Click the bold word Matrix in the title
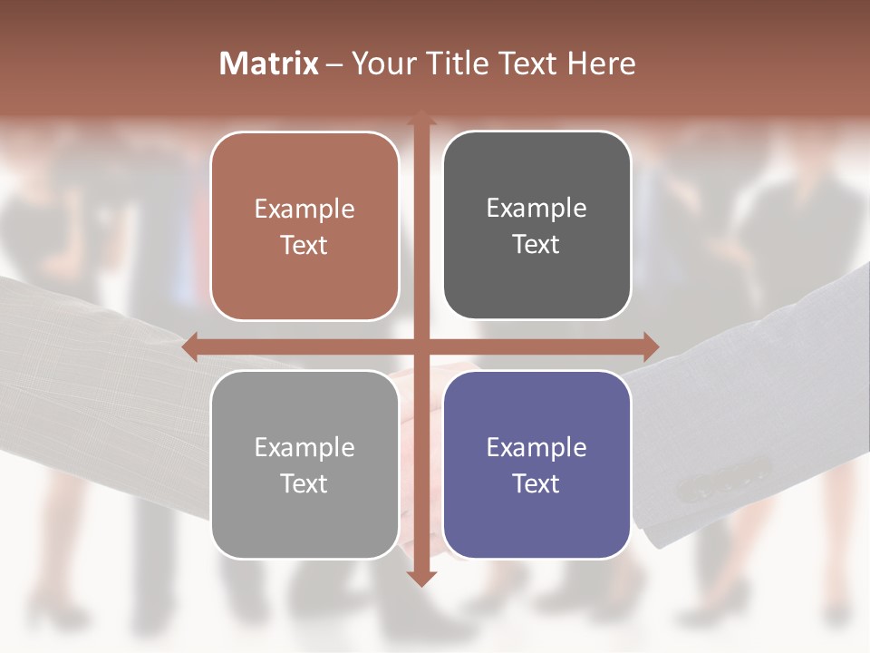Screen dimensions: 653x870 click(x=269, y=63)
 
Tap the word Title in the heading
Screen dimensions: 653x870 click(x=462, y=63)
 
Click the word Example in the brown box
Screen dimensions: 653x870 click(x=304, y=210)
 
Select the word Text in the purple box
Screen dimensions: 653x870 click(x=536, y=483)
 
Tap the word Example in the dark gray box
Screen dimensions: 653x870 click(x=536, y=209)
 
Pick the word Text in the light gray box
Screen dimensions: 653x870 click(x=304, y=483)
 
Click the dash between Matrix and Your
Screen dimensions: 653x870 click(x=334, y=64)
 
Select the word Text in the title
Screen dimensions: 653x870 click(x=530, y=63)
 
